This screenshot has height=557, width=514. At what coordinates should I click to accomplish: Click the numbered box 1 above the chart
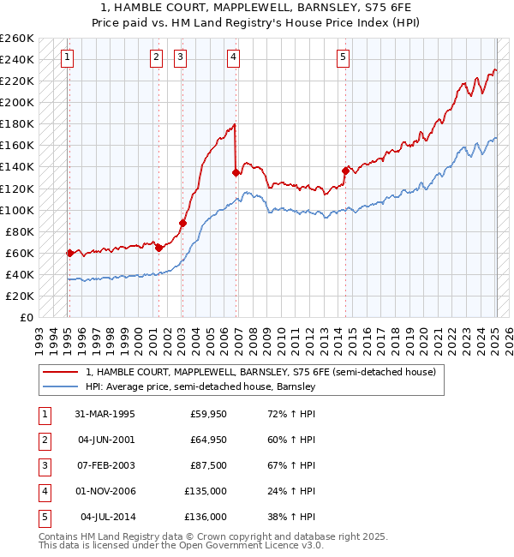tap(67, 57)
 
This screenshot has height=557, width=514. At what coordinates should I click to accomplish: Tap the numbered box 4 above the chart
tap(233, 57)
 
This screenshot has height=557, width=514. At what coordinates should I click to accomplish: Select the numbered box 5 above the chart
tap(343, 57)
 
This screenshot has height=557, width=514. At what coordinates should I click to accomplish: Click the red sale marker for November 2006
tap(236, 171)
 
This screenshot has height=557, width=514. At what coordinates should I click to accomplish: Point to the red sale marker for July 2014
tap(345, 171)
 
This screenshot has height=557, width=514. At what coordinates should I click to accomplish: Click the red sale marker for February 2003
tap(182, 223)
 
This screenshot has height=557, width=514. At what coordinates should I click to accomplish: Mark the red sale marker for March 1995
tap(70, 253)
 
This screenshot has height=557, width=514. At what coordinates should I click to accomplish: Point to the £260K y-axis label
tap(16, 39)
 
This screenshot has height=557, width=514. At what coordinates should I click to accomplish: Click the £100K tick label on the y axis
tap(16, 210)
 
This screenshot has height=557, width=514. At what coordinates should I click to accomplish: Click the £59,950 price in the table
tap(209, 415)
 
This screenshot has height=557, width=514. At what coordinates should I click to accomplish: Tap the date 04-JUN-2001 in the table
tap(106, 440)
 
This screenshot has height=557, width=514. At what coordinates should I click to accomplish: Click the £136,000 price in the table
tap(209, 518)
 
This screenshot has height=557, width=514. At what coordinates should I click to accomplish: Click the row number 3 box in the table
tap(43, 466)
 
